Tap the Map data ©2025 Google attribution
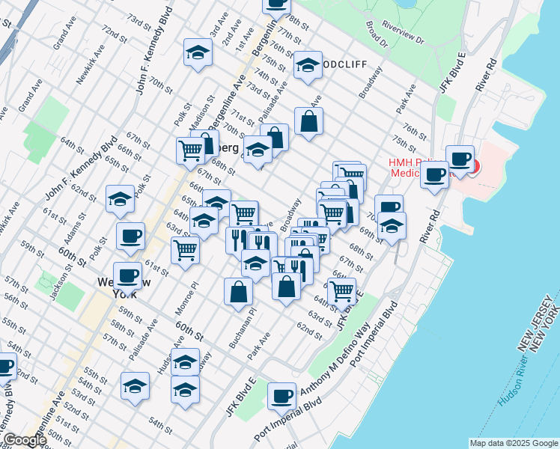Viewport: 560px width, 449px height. point(514,443)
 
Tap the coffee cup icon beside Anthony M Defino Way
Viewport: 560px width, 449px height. point(281,395)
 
